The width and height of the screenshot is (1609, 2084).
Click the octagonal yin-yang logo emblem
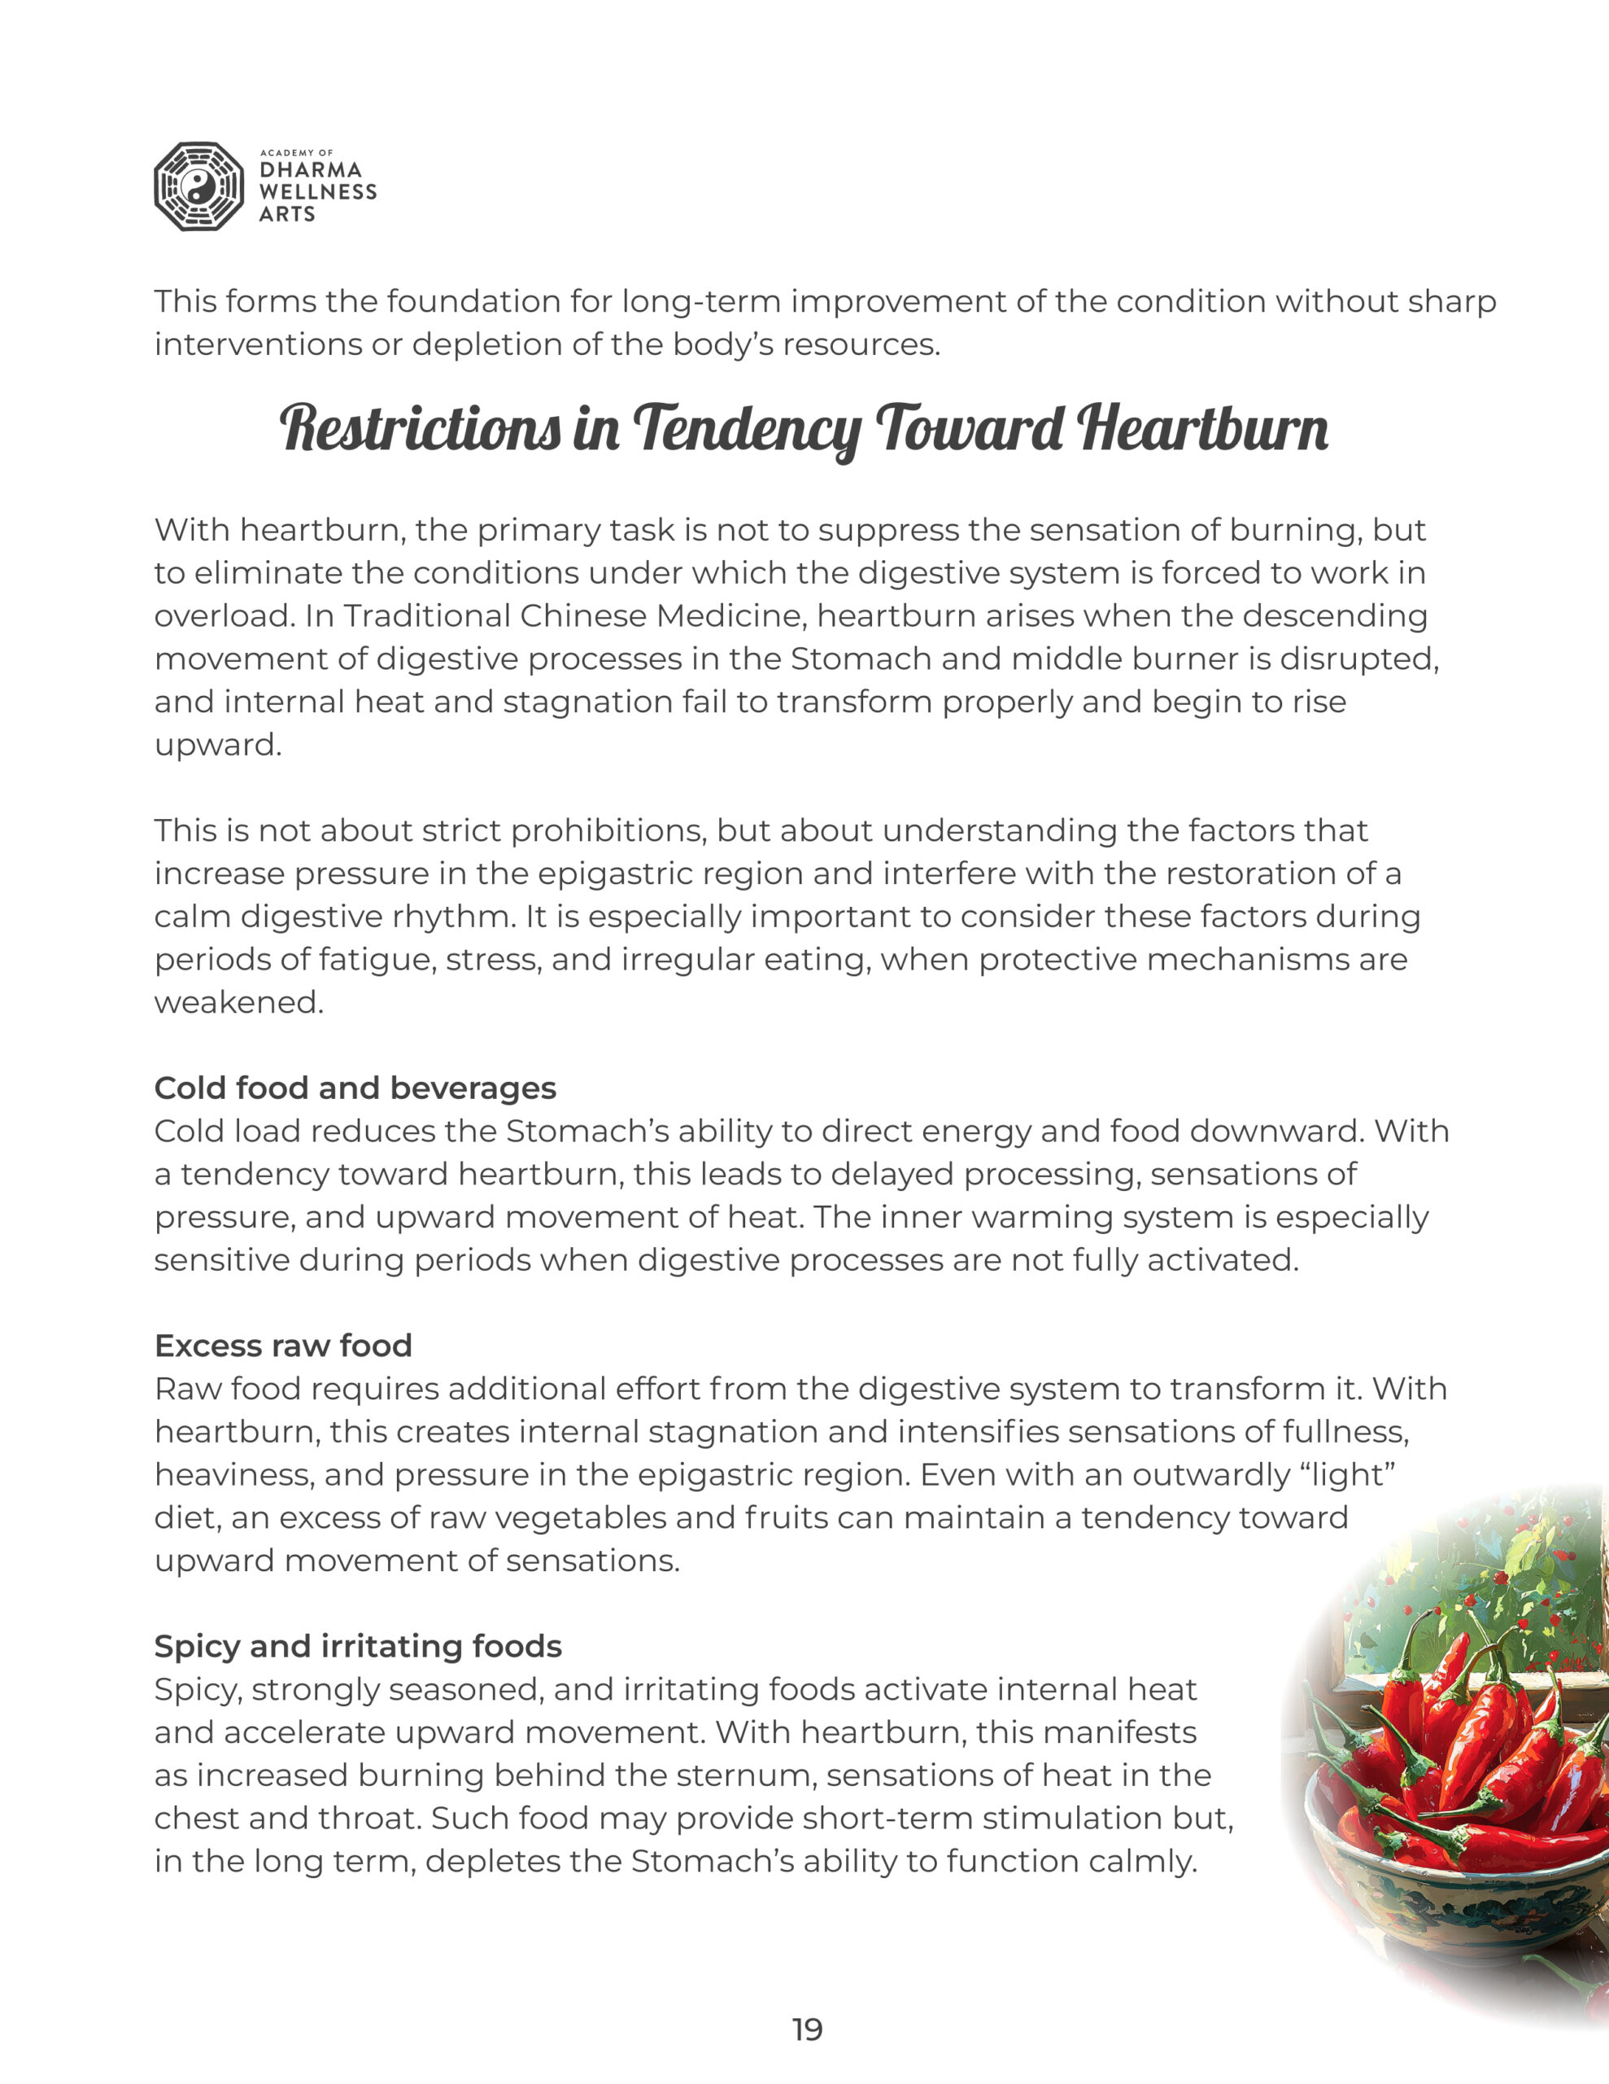(199, 187)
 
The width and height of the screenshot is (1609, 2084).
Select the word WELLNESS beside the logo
(317, 192)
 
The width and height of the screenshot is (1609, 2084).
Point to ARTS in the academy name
(287, 215)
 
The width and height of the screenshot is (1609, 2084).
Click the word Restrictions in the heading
(420, 429)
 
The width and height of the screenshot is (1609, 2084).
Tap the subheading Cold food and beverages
(355, 1088)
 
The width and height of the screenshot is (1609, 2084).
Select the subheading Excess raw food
(283, 1346)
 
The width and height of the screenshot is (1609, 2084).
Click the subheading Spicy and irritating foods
(358, 1646)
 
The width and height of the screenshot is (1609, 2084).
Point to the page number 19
(807, 2029)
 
